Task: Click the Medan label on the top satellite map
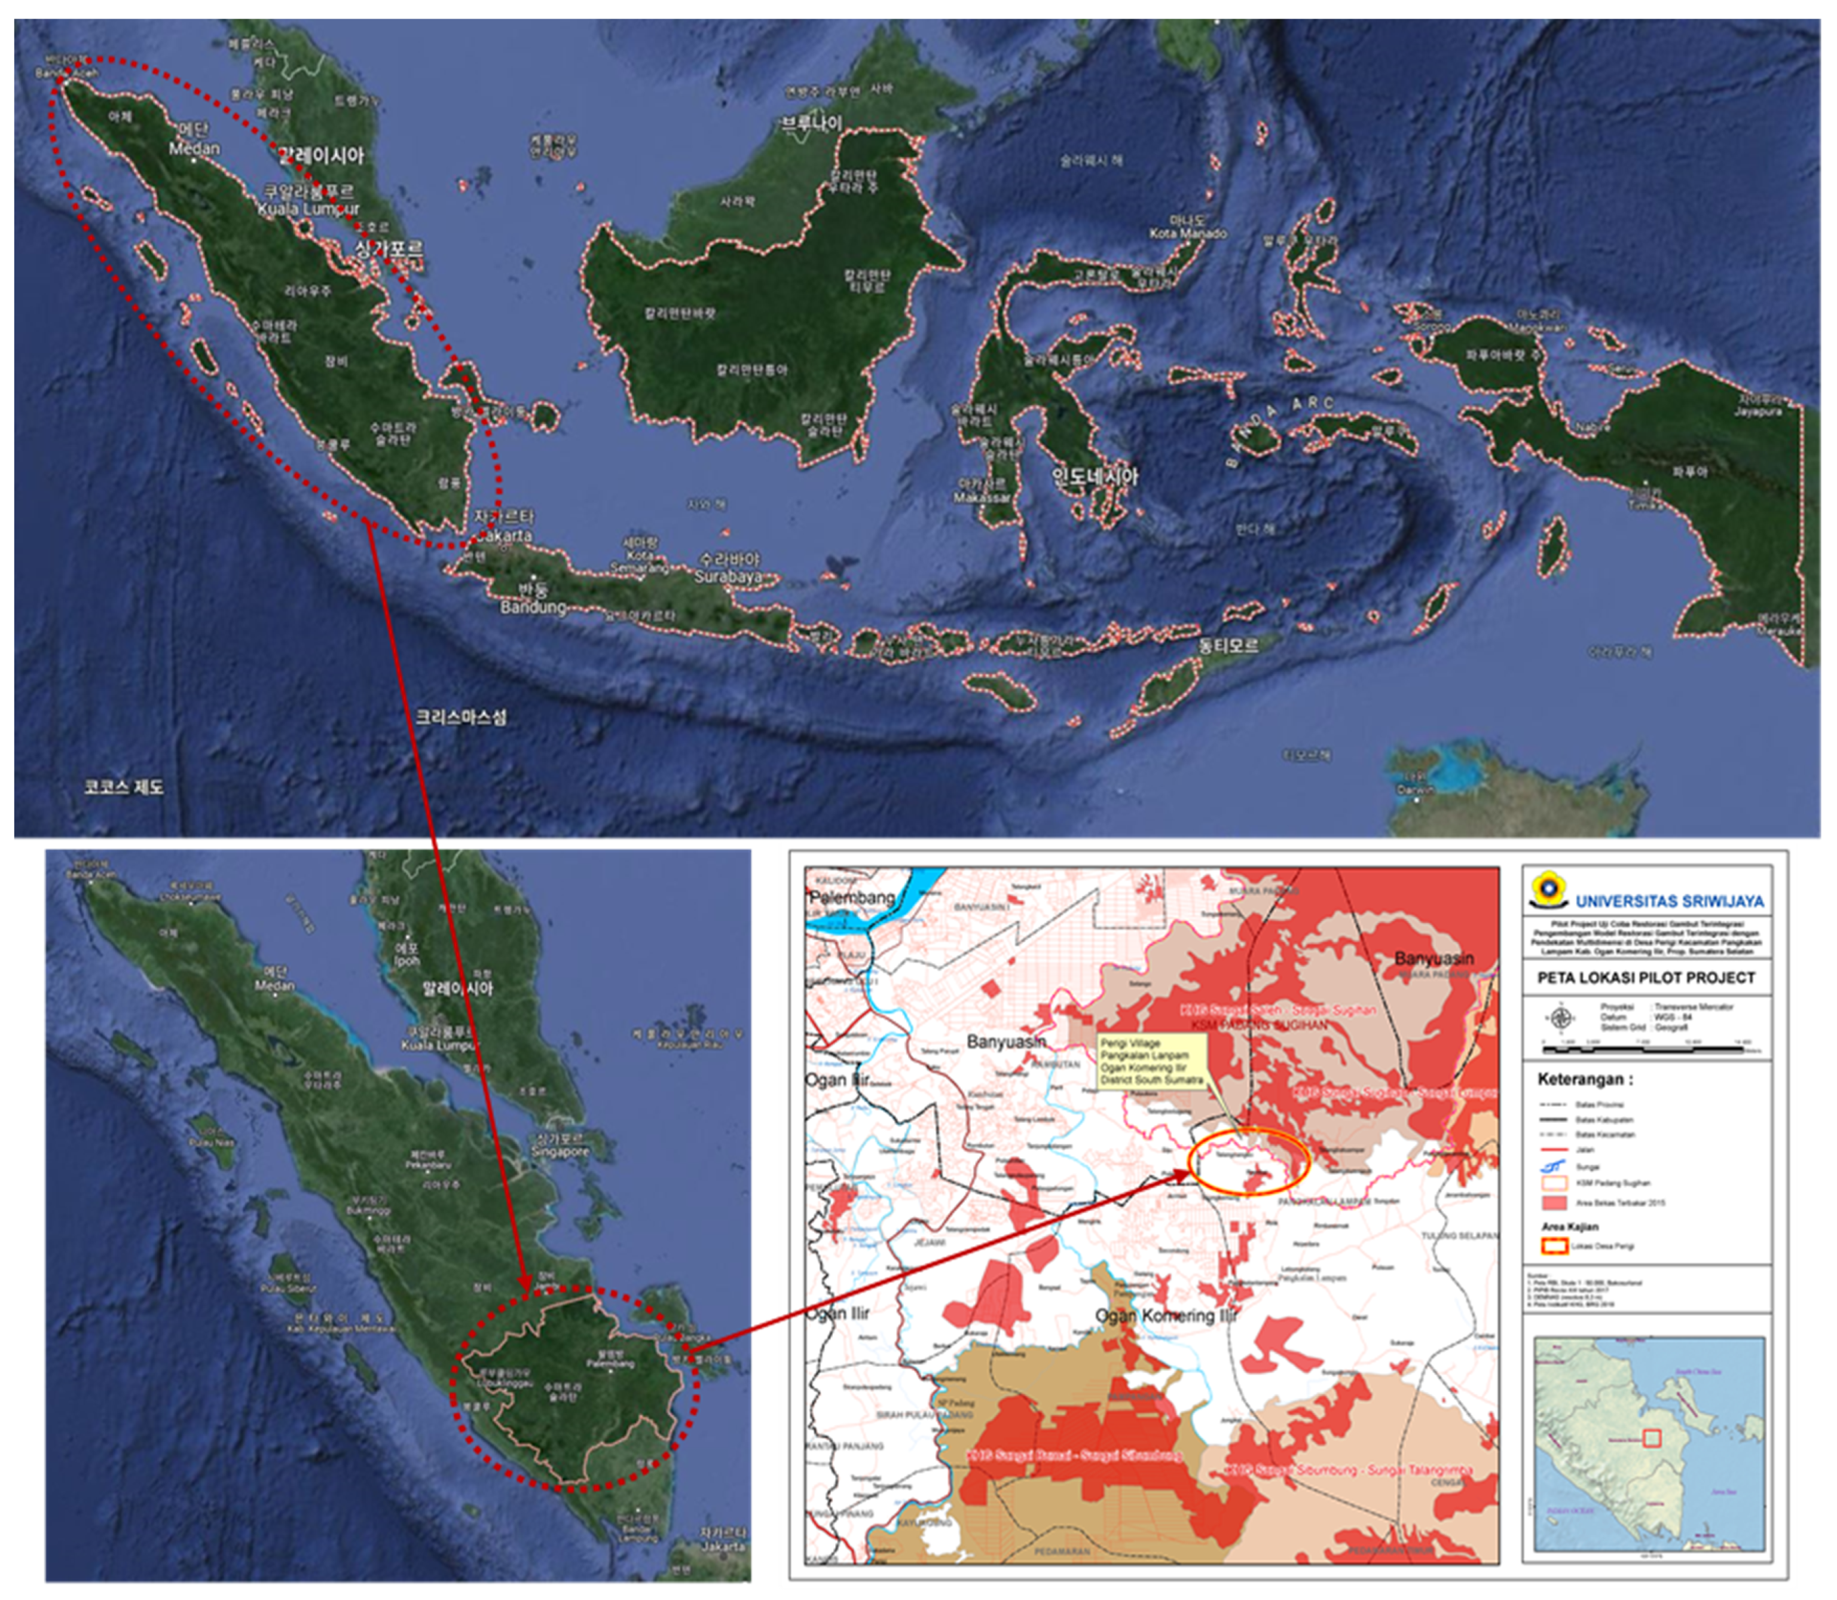(x=195, y=149)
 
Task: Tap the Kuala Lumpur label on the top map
(x=309, y=209)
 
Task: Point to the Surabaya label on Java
(x=729, y=577)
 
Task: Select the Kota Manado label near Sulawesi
(x=1188, y=234)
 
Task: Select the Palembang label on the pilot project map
(x=852, y=896)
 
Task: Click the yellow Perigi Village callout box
(x=1151, y=1062)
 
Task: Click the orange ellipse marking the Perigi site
(x=1249, y=1161)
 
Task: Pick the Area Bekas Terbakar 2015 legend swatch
(x=1554, y=1202)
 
